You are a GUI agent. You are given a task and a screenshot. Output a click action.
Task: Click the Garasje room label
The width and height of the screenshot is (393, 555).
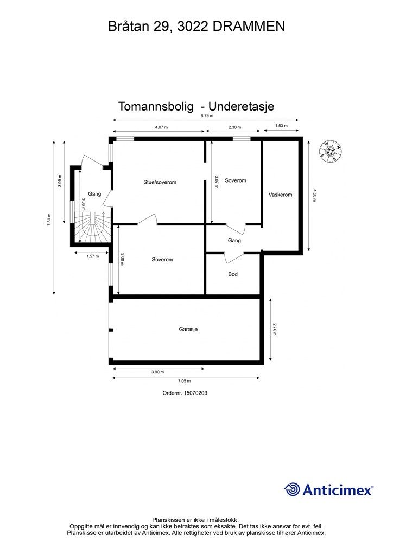point(188,329)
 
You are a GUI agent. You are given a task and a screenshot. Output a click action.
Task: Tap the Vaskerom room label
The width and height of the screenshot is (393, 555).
point(280,195)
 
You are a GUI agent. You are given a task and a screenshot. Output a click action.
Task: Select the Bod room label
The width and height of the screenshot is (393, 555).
point(233,274)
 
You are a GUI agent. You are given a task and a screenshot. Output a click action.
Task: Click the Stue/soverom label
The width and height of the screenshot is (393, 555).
point(160,182)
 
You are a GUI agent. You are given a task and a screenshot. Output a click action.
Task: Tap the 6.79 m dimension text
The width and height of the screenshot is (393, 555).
point(207,115)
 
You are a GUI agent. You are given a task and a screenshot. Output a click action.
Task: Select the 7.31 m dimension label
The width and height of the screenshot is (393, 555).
point(49,219)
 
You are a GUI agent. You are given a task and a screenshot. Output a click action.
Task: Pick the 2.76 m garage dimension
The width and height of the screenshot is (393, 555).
point(275,330)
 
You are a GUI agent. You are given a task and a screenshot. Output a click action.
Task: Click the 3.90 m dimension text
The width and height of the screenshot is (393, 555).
point(157,372)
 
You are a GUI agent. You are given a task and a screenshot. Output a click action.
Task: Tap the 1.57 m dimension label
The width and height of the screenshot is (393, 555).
point(93,256)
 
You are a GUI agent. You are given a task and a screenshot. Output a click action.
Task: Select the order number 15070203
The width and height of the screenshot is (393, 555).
point(185,393)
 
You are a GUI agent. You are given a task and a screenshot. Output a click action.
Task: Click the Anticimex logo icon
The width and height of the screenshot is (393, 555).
point(293,489)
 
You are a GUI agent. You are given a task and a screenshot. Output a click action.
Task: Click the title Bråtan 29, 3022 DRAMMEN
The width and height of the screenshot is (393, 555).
point(196,26)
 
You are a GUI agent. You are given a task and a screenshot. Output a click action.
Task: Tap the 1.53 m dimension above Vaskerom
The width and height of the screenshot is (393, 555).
point(281,126)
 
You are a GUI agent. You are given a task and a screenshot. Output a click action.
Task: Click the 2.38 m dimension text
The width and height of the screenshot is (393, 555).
point(235,127)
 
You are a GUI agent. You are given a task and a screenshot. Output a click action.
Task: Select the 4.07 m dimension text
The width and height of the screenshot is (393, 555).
point(161,127)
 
